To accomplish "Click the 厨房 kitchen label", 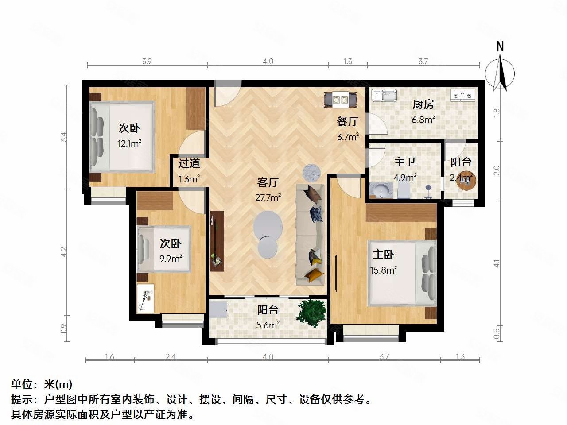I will point(423,104).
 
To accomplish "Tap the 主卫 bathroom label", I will point(405,162).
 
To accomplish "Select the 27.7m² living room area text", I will point(268,197).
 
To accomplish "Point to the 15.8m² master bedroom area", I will point(383,270).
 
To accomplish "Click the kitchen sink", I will point(384,95).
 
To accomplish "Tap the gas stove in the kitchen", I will point(462,95).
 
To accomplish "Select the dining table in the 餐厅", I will point(340,99).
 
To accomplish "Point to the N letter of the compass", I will point(500,46).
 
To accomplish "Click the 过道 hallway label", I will point(189,163).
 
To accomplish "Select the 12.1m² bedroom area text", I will point(129,143).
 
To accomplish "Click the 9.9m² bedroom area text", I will point(171,259).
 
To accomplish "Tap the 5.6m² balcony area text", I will point(268,325).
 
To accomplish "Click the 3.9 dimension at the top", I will point(147,62).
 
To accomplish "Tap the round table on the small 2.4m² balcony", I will point(465,181).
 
